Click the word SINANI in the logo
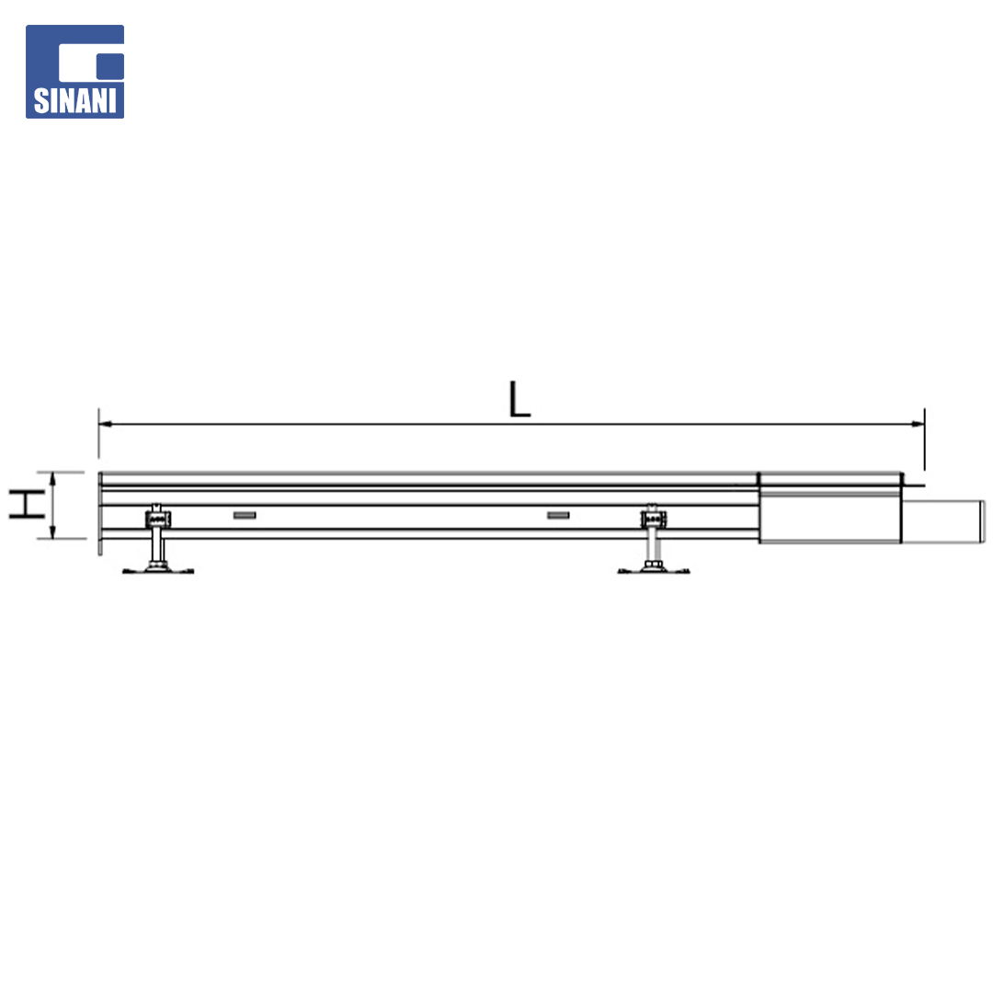point(74,100)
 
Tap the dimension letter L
point(519,399)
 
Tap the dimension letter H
point(26,505)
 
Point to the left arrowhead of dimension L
point(106,424)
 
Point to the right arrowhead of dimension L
point(918,424)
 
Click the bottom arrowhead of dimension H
point(53,532)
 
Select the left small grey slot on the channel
point(245,516)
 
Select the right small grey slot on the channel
point(559,516)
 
